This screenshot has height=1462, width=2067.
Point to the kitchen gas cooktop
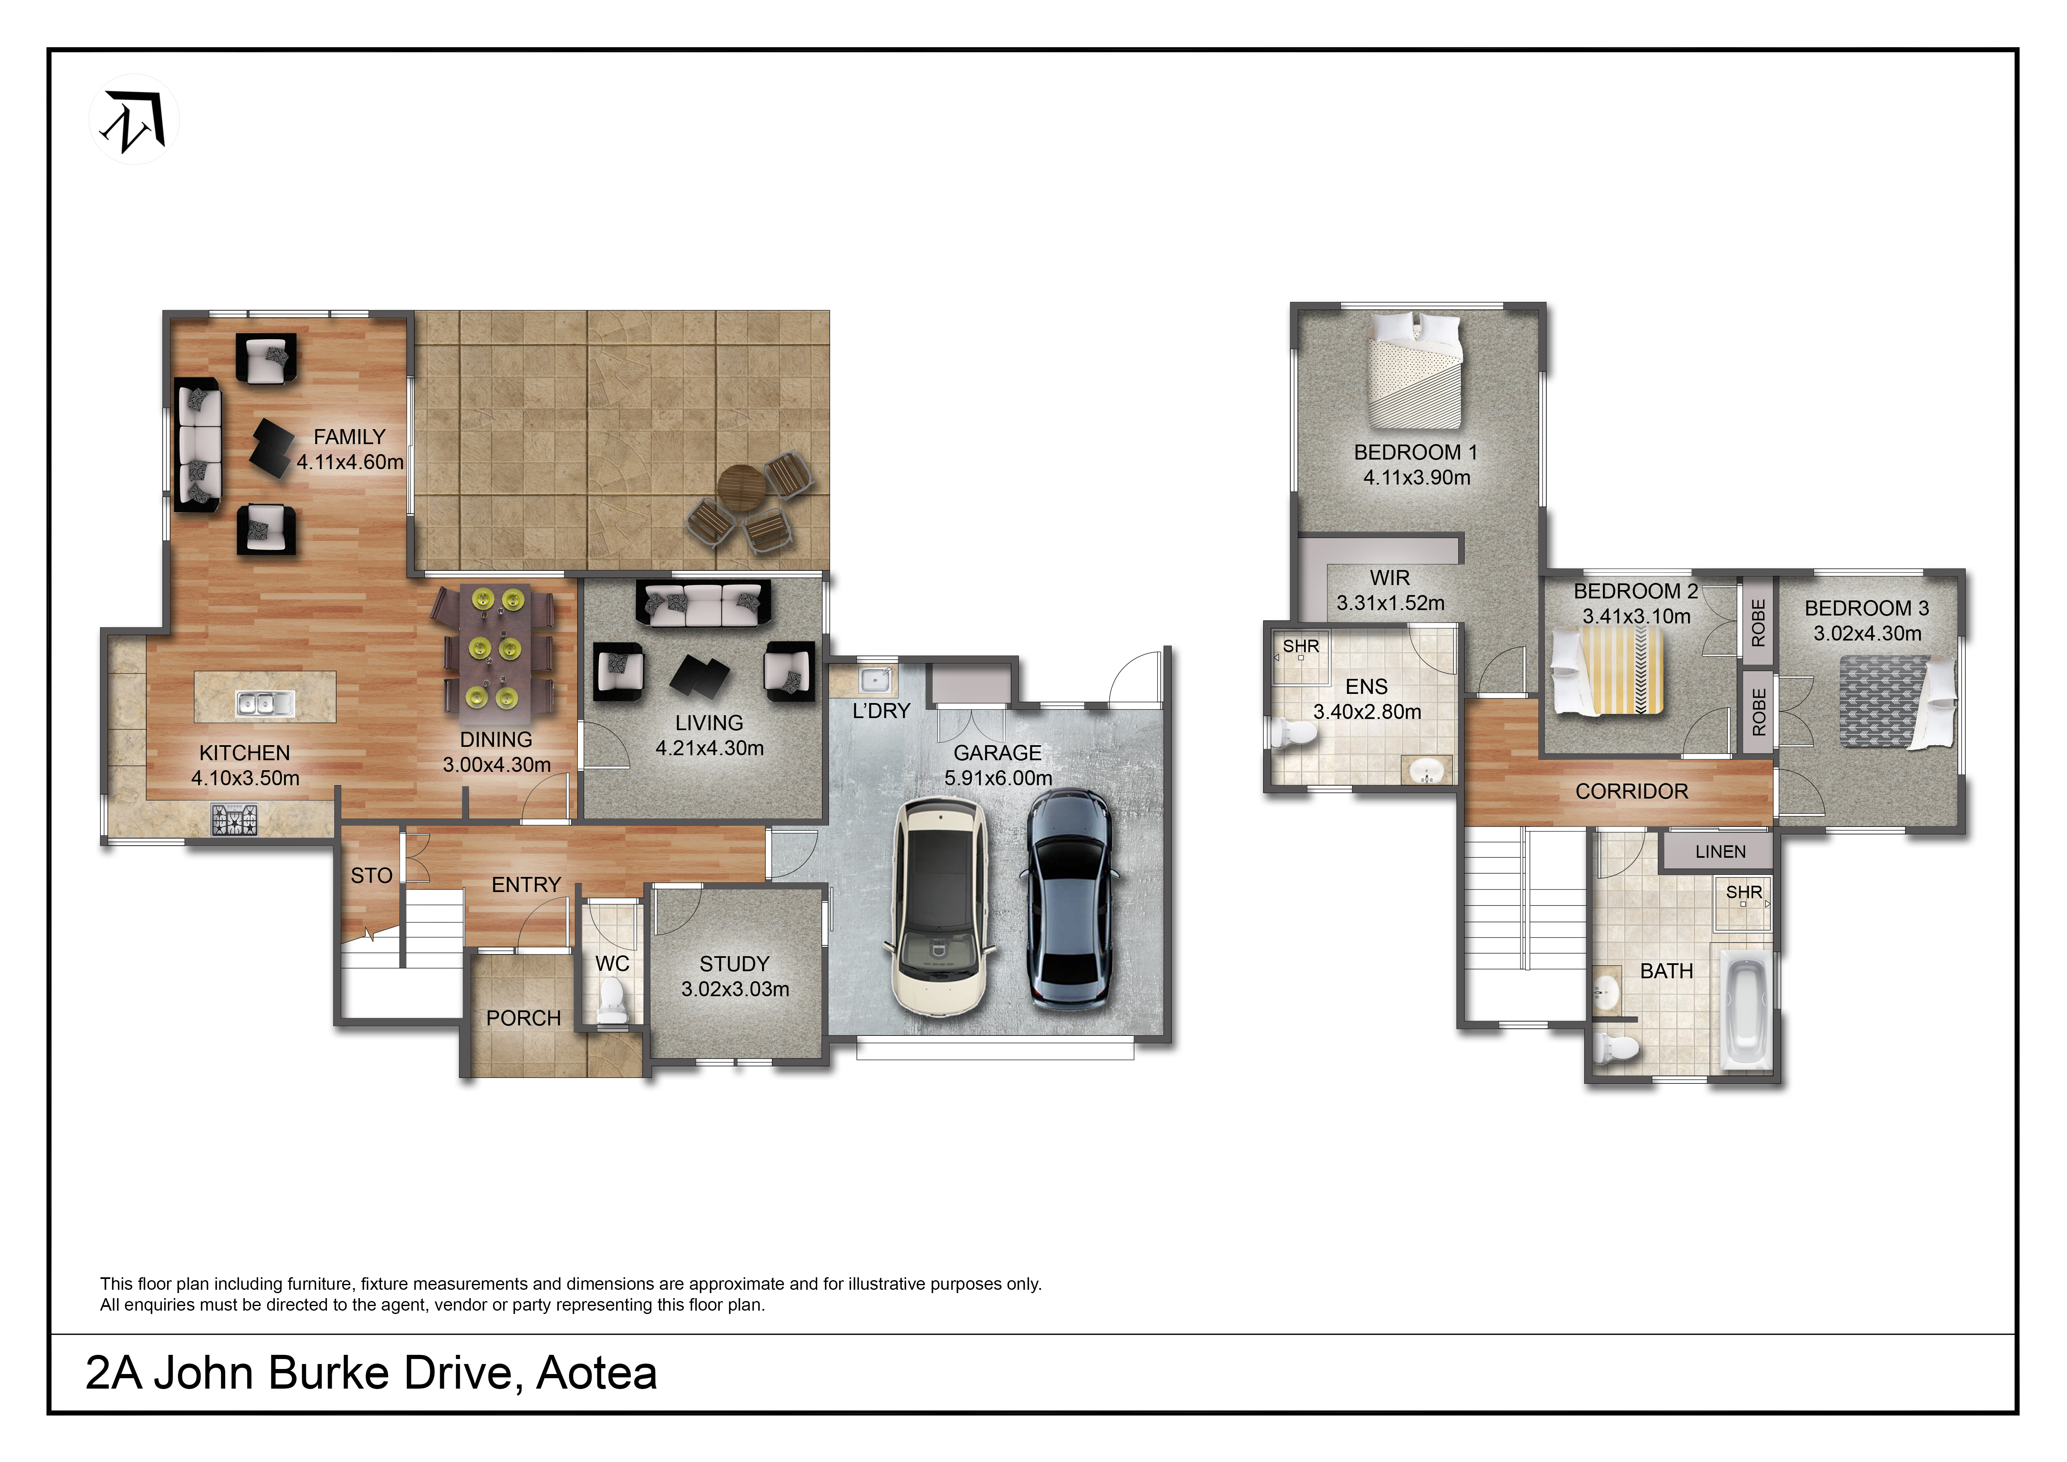pyautogui.click(x=234, y=819)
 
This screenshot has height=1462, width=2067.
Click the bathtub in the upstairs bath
pyautogui.click(x=1746, y=1011)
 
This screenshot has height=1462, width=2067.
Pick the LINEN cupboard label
pyautogui.click(x=1721, y=852)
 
